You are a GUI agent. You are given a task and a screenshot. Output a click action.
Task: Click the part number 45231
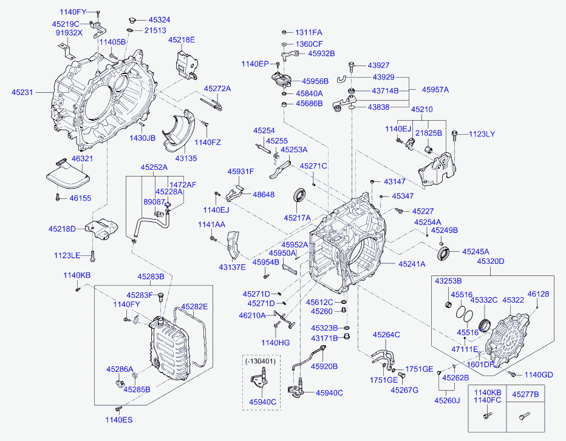tap(23, 93)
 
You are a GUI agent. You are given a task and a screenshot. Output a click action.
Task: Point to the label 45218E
tap(182, 40)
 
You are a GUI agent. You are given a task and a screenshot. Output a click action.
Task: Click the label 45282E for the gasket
tap(194, 306)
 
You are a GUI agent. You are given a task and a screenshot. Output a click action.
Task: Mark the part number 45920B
tap(324, 366)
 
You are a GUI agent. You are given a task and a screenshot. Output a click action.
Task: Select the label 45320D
tap(490, 261)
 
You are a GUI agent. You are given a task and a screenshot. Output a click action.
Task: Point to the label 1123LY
tap(482, 134)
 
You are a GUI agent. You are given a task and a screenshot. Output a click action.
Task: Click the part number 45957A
tap(435, 90)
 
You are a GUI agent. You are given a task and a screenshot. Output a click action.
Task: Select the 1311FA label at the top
tap(309, 32)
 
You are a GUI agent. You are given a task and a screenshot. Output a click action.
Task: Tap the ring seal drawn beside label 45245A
tap(445, 252)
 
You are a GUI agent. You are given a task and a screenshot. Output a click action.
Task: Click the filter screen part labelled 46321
tap(67, 177)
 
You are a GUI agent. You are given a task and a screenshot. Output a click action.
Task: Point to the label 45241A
tap(412, 264)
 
